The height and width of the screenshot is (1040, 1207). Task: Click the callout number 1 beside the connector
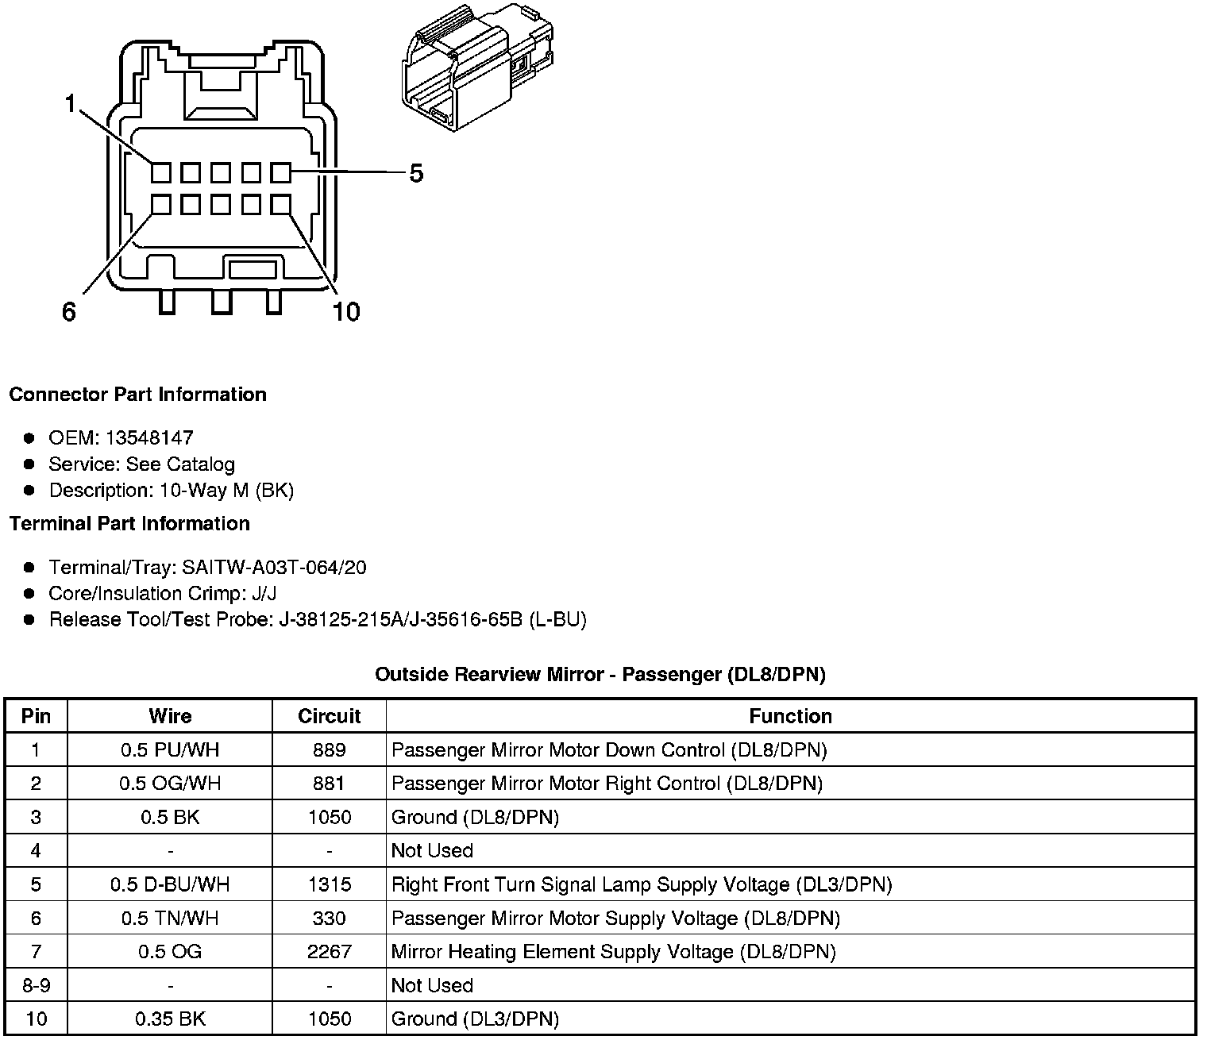[70, 103]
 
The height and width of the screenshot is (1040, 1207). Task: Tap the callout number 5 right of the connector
[416, 173]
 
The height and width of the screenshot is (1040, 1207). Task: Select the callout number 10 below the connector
[346, 312]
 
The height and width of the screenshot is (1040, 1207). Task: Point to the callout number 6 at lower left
[69, 312]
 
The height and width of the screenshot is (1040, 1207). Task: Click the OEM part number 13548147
[149, 437]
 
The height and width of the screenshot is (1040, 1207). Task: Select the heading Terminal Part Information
[129, 523]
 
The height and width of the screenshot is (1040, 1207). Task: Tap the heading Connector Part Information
[137, 395]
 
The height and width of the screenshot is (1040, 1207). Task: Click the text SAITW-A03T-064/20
[274, 568]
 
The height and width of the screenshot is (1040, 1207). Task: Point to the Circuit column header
[329, 716]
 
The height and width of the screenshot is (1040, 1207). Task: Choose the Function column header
[790, 716]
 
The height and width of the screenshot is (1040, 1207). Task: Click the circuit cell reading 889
[329, 750]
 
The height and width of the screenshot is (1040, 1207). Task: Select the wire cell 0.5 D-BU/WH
[170, 884]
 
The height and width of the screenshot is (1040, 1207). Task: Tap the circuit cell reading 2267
[329, 951]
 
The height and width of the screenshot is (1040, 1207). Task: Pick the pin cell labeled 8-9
[36, 985]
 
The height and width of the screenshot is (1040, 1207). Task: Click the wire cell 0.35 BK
[170, 1019]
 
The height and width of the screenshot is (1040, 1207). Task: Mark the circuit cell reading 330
[329, 918]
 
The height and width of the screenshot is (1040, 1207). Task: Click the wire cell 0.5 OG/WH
[170, 784]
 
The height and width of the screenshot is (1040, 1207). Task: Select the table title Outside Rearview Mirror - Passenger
[600, 675]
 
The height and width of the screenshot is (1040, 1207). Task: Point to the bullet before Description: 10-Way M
[29, 491]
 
